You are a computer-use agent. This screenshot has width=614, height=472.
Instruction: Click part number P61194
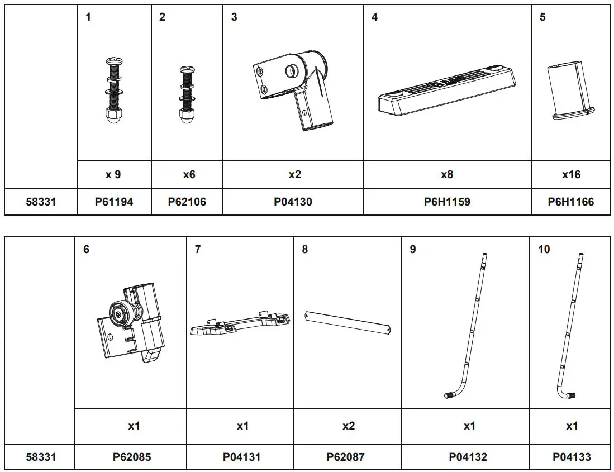point(114,202)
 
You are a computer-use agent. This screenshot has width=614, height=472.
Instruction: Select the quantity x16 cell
point(571,174)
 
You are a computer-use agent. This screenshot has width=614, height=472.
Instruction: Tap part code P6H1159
point(447,202)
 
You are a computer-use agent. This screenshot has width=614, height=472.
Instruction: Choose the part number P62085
point(131,457)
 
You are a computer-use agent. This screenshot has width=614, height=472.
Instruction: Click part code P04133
point(572,457)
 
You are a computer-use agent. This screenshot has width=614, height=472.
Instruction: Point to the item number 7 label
point(198,249)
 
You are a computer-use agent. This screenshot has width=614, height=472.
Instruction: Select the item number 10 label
point(544,249)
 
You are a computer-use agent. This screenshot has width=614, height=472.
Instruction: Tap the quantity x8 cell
point(447,174)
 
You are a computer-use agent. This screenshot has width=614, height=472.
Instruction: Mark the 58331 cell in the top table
point(41,202)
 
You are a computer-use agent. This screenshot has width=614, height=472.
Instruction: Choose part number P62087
point(346,457)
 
